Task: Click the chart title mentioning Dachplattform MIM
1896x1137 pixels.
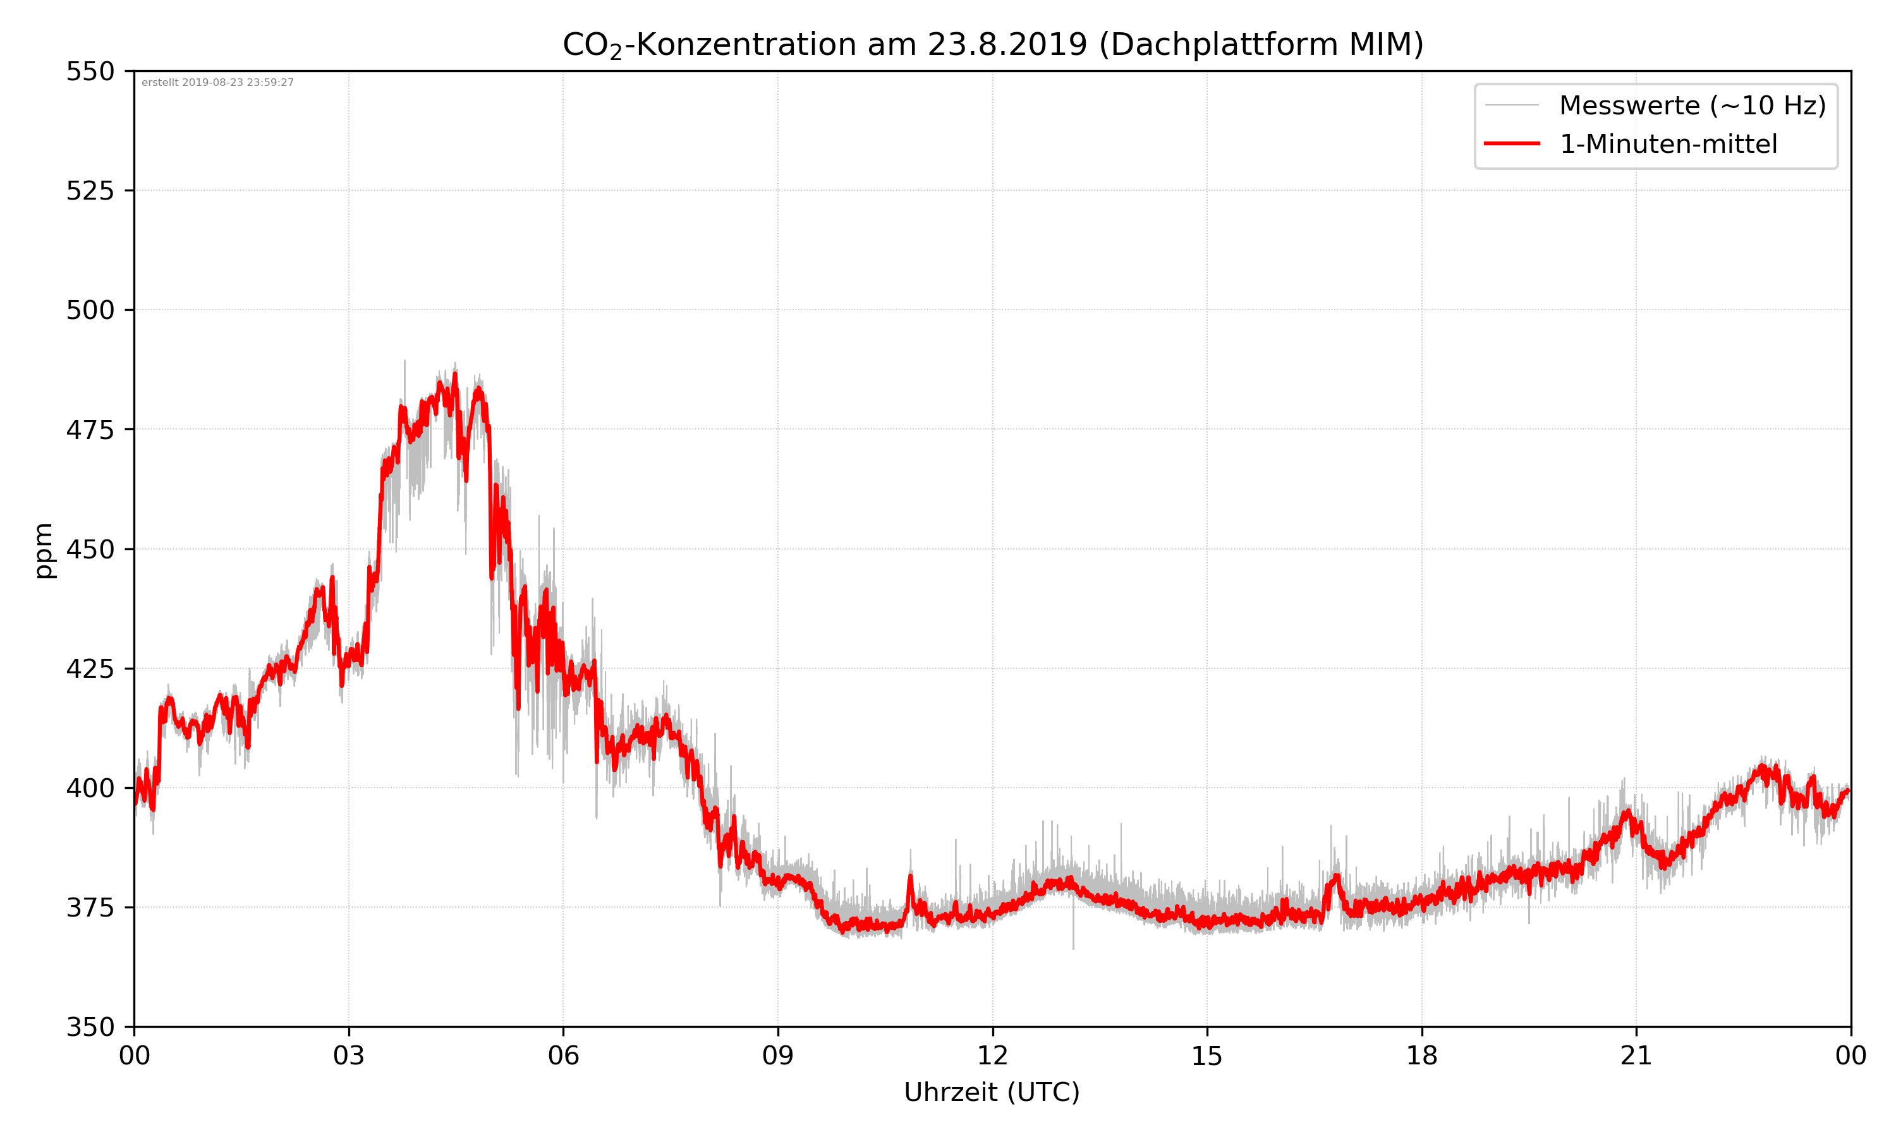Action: pyautogui.click(x=992, y=44)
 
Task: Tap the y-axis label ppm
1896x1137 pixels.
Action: pyautogui.click(x=44, y=550)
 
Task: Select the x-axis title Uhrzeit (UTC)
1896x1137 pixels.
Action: pyautogui.click(x=992, y=1092)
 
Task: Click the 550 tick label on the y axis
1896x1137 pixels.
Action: pyautogui.click(x=90, y=71)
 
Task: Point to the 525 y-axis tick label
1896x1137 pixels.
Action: pyautogui.click(x=90, y=191)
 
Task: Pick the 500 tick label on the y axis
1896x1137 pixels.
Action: pyautogui.click(x=90, y=310)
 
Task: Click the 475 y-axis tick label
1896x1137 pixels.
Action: pyautogui.click(x=90, y=430)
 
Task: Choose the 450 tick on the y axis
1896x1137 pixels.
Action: pyautogui.click(x=90, y=550)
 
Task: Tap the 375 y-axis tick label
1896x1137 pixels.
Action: pyautogui.click(x=90, y=908)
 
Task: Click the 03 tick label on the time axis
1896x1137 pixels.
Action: pyautogui.click(x=349, y=1056)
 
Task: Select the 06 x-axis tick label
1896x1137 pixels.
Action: pyautogui.click(x=563, y=1056)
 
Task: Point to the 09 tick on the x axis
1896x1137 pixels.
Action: pyautogui.click(x=778, y=1056)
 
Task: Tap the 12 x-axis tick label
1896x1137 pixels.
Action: pyautogui.click(x=992, y=1056)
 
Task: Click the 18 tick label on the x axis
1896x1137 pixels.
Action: pyautogui.click(x=1421, y=1056)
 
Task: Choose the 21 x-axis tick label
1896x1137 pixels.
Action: pyautogui.click(x=1636, y=1056)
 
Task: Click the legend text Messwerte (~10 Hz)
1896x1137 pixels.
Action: pyautogui.click(x=1692, y=105)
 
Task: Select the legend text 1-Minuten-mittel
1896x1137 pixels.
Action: pyautogui.click(x=1668, y=144)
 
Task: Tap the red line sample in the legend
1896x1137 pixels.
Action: pyautogui.click(x=1511, y=143)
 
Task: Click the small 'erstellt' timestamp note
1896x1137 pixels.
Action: pyautogui.click(x=217, y=83)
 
